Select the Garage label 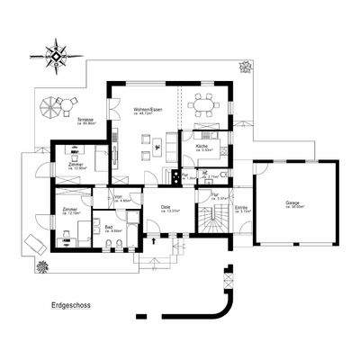(x=292, y=203)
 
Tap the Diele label (x=166, y=208)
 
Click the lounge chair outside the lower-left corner (x=32, y=242)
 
